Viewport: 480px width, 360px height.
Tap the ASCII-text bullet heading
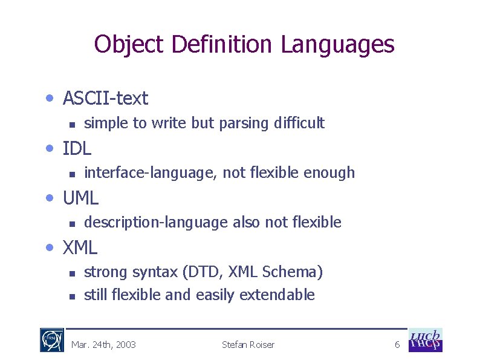pos(105,97)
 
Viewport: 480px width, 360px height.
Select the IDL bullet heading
pos(77,148)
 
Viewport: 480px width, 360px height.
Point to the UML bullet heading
pos(80,197)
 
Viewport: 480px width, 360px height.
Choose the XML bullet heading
pos(80,247)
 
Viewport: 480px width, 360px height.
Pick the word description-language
pos(156,223)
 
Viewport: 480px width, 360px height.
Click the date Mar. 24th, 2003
pos(103,345)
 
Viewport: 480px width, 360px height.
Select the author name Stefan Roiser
pos(248,345)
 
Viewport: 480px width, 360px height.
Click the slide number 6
pos(397,345)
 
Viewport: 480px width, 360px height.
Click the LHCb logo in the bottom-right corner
pos(426,340)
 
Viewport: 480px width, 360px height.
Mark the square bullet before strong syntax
pos(71,273)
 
